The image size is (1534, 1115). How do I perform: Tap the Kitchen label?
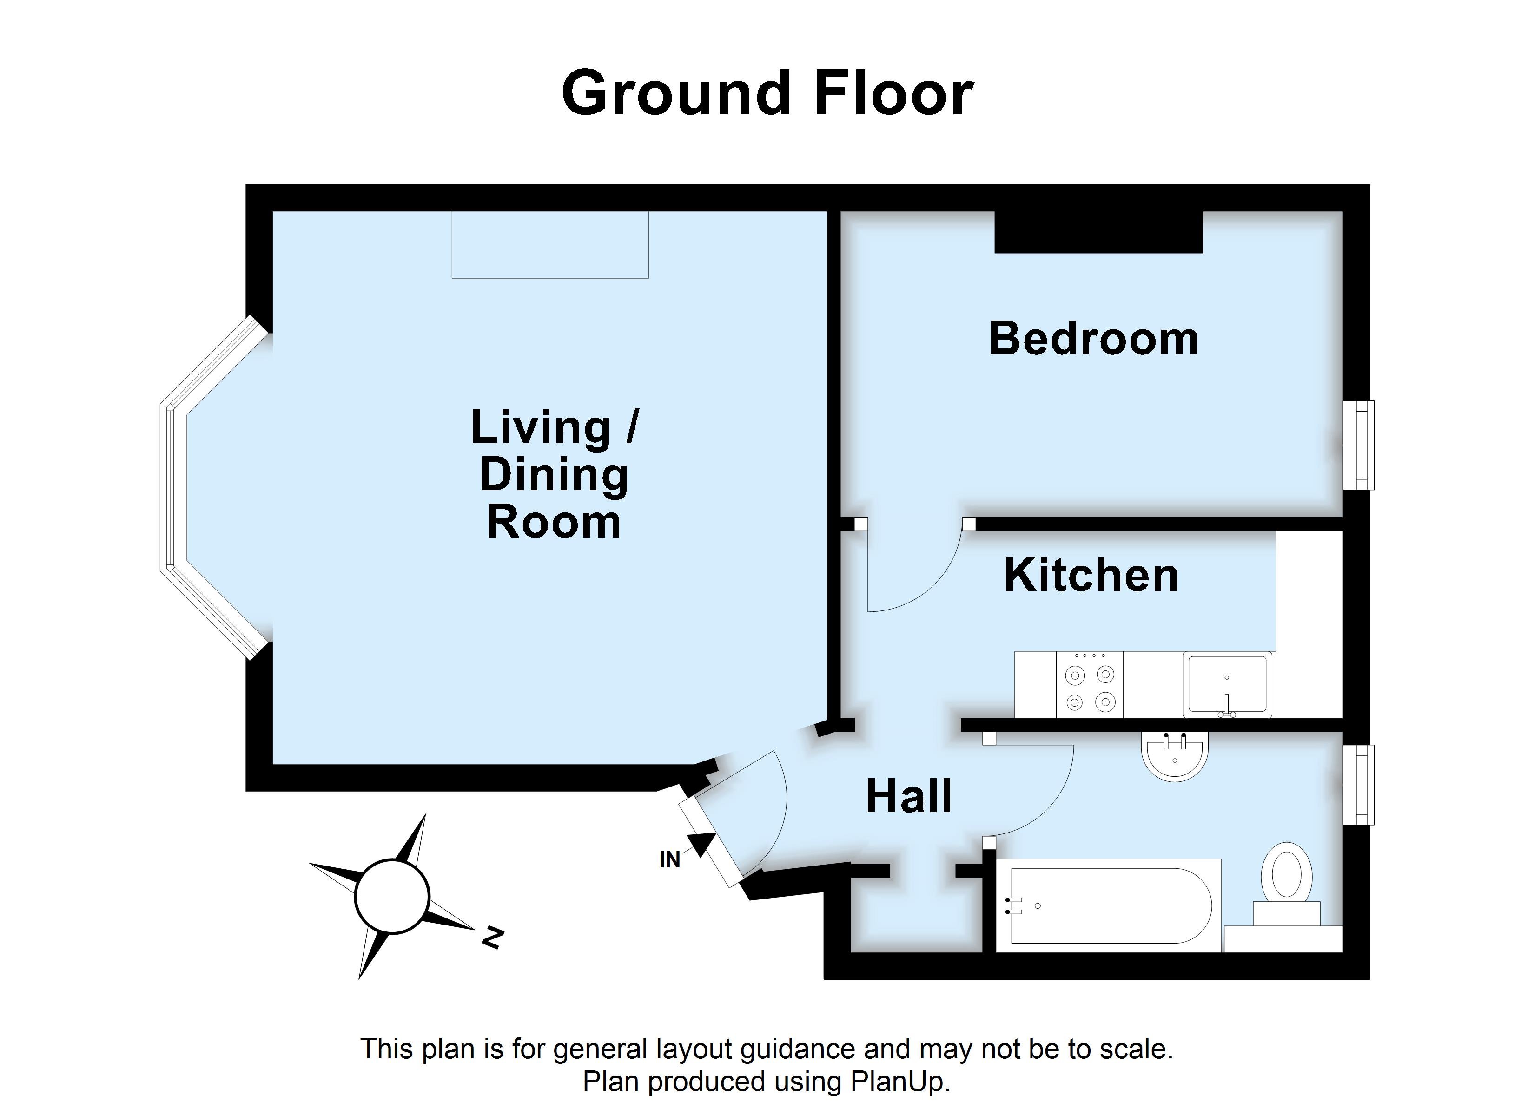(1091, 576)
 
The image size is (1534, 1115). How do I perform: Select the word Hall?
(908, 796)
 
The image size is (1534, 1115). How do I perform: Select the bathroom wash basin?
(1175, 756)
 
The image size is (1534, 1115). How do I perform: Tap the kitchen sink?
(1227, 683)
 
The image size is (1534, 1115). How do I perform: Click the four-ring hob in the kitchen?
(1090, 688)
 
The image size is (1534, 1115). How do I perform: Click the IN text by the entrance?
(669, 860)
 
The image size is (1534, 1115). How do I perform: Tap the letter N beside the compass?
(492, 938)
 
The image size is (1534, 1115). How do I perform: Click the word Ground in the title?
(676, 93)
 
